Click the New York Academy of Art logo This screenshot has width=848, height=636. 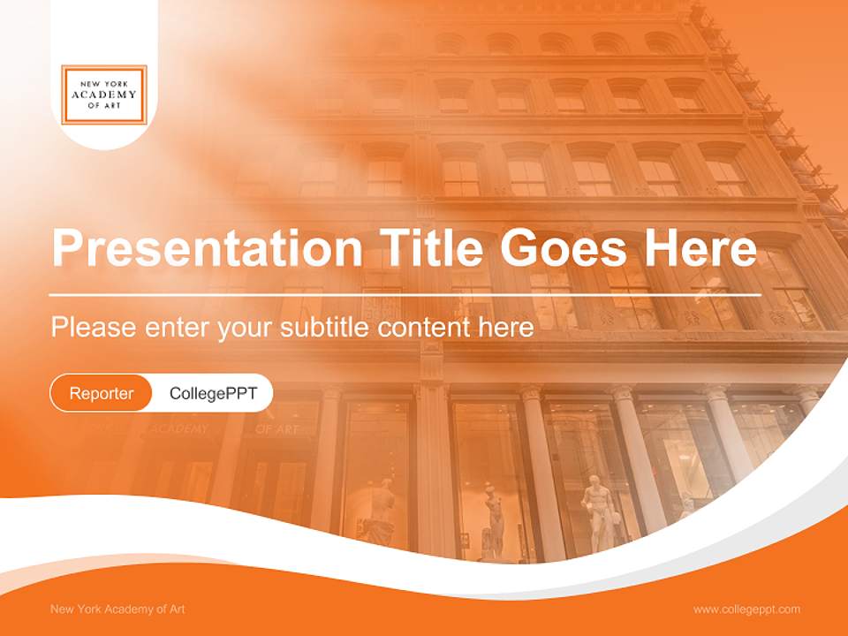click(x=104, y=95)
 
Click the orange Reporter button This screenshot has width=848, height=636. click(x=102, y=393)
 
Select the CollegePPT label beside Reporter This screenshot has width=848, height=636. click(x=213, y=393)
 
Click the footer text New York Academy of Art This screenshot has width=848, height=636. click(x=117, y=609)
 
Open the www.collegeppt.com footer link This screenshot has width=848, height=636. click(x=746, y=609)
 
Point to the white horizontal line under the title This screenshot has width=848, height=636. click(x=405, y=294)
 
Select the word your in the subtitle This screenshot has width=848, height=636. click(x=246, y=328)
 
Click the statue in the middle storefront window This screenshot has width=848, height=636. click(x=493, y=521)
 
